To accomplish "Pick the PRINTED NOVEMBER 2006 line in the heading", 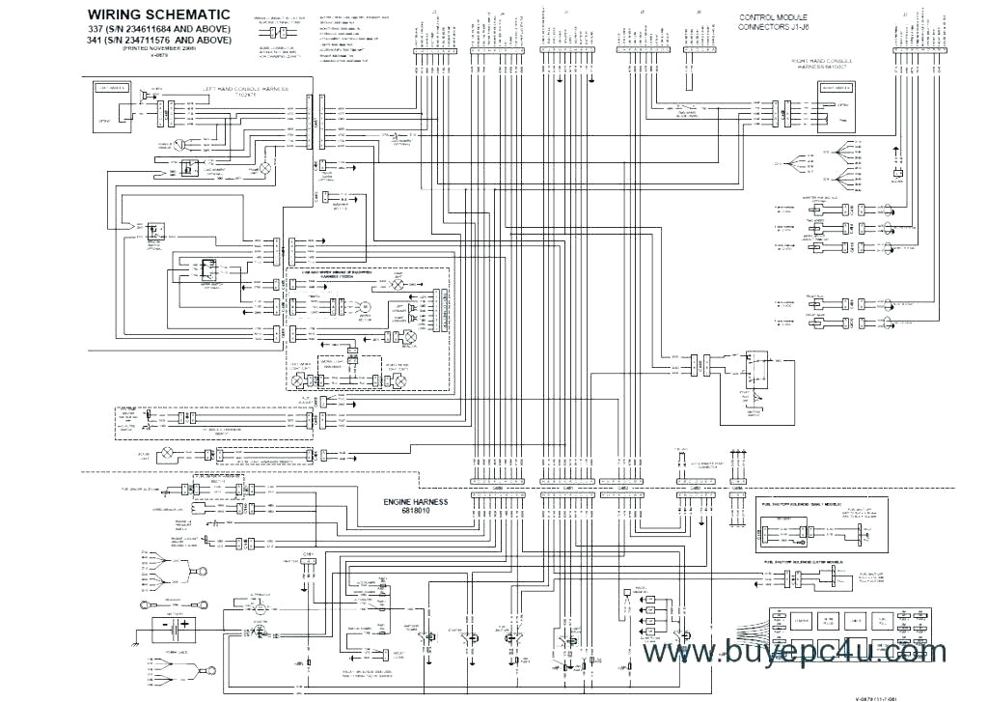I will pos(158,49).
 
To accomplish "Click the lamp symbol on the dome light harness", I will pos(165,452).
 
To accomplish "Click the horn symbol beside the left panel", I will pos(144,97).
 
